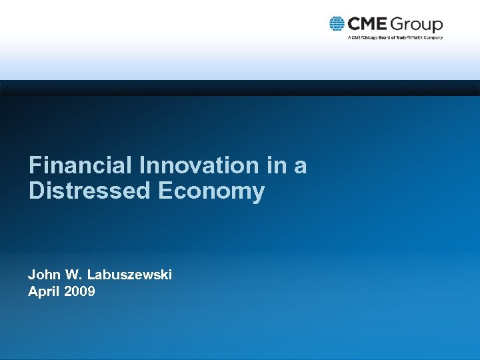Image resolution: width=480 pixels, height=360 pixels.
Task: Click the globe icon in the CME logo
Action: click(337, 24)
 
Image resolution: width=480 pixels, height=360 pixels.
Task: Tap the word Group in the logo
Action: click(417, 25)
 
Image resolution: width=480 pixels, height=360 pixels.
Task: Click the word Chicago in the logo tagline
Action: click(371, 37)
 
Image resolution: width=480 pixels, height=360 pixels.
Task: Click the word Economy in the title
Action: click(211, 192)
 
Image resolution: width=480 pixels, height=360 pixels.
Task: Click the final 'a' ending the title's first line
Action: click(301, 167)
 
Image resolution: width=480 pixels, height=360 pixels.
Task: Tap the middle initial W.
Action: click(71, 274)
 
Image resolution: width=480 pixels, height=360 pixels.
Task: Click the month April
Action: click(42, 291)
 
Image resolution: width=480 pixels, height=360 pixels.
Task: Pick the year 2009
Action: click(80, 291)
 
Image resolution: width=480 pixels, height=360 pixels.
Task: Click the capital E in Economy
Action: click(165, 191)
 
